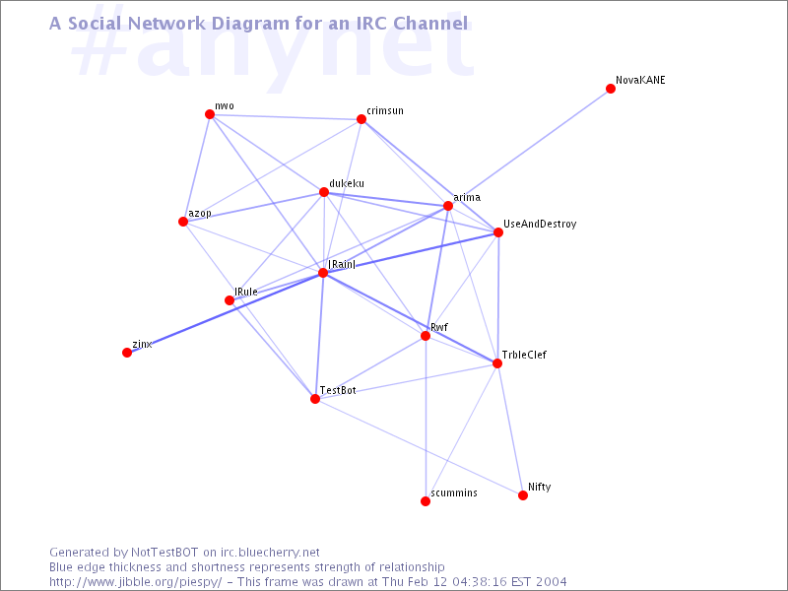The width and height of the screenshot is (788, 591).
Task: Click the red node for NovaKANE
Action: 611,89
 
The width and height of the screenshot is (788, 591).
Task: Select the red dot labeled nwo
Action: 210,114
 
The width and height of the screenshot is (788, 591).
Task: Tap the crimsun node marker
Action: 361,119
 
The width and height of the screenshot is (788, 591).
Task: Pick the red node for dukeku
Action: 324,192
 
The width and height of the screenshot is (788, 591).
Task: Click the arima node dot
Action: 448,206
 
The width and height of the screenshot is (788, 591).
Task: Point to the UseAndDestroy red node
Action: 498,232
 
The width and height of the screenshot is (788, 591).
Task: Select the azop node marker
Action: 183,222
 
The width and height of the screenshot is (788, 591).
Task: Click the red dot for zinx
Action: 127,353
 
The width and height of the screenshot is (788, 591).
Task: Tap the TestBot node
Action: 315,399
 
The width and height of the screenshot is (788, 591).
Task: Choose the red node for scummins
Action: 426,501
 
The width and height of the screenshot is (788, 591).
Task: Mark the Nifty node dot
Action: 523,495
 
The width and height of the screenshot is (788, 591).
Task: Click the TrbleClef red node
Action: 497,363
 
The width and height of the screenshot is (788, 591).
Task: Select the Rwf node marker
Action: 426,336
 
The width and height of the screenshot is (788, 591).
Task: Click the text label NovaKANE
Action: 640,80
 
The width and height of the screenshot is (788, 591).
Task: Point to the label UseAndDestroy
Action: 540,225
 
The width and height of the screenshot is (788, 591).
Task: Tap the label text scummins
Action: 454,493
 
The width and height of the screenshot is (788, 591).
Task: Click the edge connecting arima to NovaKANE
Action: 529,147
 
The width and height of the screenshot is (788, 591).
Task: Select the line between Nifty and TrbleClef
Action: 510,429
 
